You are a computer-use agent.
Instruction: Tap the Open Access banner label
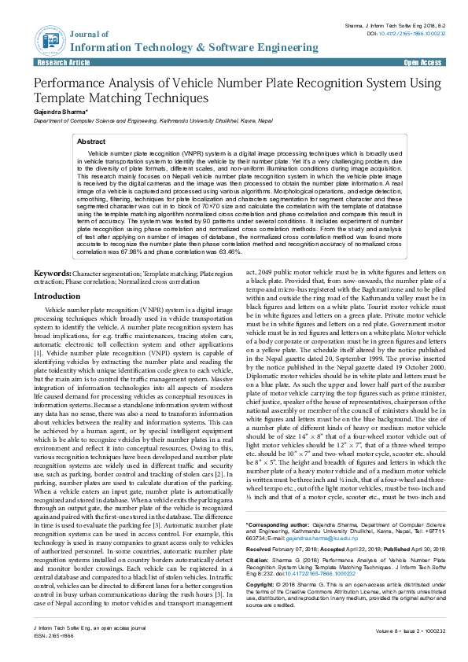[422, 61]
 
